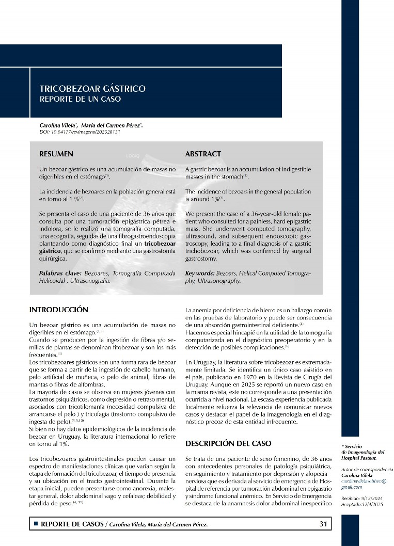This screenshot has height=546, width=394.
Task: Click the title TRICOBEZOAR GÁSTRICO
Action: pyautogui.click(x=92, y=89)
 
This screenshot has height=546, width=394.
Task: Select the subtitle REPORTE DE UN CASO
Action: pyautogui.click(x=80, y=99)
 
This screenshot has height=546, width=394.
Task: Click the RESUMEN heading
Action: pyautogui.click(x=56, y=154)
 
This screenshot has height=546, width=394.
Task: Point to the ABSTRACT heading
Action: pyautogui.click(x=203, y=154)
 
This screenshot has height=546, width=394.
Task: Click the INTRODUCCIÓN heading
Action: pyautogui.click(x=59, y=310)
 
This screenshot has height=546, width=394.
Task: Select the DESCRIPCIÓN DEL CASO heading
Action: pyautogui.click(x=228, y=443)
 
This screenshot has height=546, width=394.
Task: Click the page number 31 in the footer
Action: pyautogui.click(x=324, y=524)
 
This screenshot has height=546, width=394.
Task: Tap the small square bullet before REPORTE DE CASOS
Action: pyautogui.click(x=36, y=524)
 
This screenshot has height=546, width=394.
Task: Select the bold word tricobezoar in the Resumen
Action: pyautogui.click(x=160, y=243)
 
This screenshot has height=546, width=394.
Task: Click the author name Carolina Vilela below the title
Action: pyautogui.click(x=57, y=125)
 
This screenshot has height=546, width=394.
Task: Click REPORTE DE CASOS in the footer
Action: pyautogui.click(x=72, y=524)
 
